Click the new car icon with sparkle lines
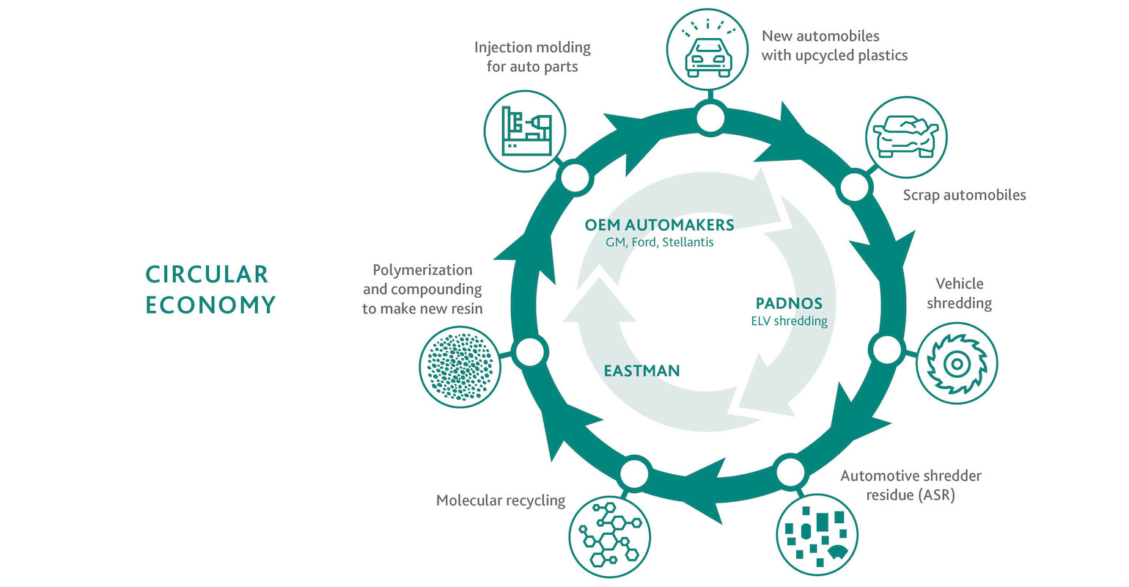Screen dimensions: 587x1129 707,48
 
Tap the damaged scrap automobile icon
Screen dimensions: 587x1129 906,137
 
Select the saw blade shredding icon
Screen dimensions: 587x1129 957,363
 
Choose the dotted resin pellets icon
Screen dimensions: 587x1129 460,365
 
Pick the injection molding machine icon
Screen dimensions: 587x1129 525,131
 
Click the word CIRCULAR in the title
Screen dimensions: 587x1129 207,274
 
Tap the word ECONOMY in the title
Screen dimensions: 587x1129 210,305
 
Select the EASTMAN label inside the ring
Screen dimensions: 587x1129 641,371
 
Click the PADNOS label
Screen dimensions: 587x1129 789,303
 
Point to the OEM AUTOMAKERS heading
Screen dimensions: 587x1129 659,225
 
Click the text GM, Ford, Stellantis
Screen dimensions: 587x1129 659,242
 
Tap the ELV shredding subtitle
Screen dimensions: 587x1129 789,321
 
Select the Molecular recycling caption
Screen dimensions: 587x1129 501,500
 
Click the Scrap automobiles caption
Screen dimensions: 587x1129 964,195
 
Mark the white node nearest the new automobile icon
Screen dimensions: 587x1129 710,118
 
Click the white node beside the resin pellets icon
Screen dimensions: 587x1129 530,352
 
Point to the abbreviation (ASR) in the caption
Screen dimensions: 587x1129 936,495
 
